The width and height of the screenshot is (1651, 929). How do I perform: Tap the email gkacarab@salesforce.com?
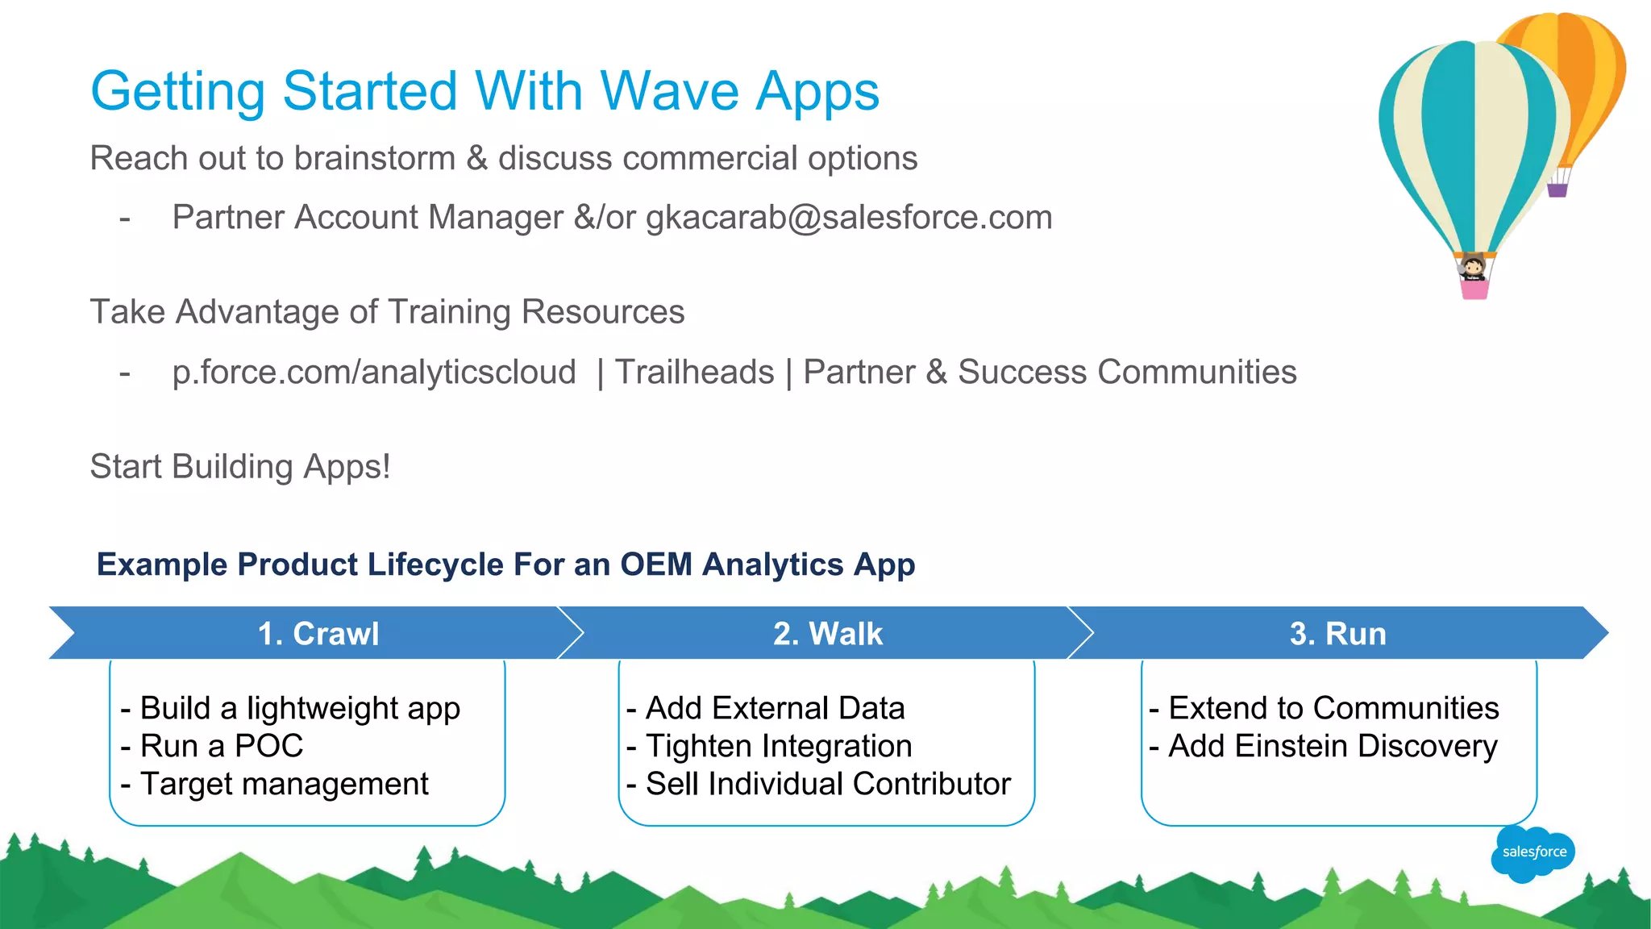coord(849,218)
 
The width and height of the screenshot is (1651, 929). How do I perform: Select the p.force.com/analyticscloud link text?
coord(374,373)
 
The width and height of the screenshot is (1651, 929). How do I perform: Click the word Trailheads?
coord(694,373)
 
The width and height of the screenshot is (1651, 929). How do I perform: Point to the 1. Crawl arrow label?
coord(318,634)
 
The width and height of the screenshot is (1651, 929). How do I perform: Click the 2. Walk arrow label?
coord(828,634)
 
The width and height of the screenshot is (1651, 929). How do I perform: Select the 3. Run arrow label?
coord(1337,634)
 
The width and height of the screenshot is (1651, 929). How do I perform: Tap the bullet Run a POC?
coord(212,746)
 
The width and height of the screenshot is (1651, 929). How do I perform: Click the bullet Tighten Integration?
coord(769,746)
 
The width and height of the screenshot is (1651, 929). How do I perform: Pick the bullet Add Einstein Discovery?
coord(1323,746)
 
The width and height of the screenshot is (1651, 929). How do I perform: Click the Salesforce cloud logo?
coord(1532,852)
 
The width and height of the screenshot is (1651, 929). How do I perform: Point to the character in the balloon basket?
coord(1474,267)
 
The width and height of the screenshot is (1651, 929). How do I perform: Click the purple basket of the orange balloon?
coord(1557,190)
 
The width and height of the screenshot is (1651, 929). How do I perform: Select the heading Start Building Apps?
coord(240,467)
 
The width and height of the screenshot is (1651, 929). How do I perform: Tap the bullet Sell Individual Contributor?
coord(818,784)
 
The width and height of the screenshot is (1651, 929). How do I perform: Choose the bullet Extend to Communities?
coord(1324,708)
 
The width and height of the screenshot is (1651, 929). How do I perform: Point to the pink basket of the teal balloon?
coord(1474,290)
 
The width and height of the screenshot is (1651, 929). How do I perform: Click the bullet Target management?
coord(274,784)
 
